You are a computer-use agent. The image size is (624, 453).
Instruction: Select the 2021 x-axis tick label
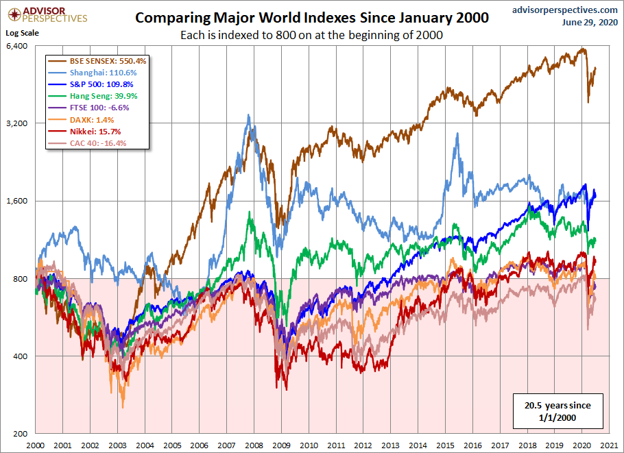[608, 445]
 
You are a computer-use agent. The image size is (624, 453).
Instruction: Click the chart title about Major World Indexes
[311, 18]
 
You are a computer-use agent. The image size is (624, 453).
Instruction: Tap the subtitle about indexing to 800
[311, 35]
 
